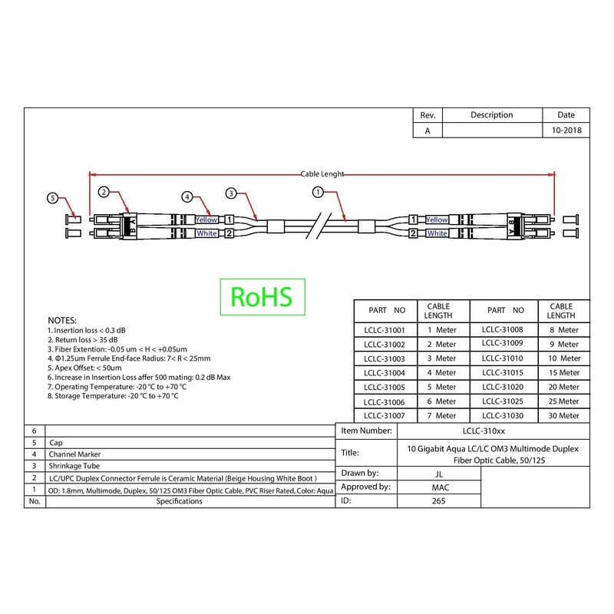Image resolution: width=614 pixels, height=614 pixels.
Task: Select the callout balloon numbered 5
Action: pos(53,198)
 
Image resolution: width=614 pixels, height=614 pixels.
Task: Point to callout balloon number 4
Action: pos(186,196)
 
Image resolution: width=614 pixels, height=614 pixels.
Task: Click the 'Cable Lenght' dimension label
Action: pos(322,174)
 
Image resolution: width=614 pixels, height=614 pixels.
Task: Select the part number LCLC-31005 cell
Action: pos(384,387)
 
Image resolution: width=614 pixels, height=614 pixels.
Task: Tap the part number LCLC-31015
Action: pos(503,372)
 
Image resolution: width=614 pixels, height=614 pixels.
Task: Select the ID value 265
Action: pos(437,501)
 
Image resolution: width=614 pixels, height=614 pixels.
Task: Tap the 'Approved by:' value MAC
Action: pos(437,487)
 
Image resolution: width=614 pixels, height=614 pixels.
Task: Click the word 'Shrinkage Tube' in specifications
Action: pos(74,465)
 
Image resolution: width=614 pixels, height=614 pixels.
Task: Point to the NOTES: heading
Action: pos(62,319)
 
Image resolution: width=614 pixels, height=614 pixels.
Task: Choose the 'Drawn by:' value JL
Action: pos(437,473)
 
